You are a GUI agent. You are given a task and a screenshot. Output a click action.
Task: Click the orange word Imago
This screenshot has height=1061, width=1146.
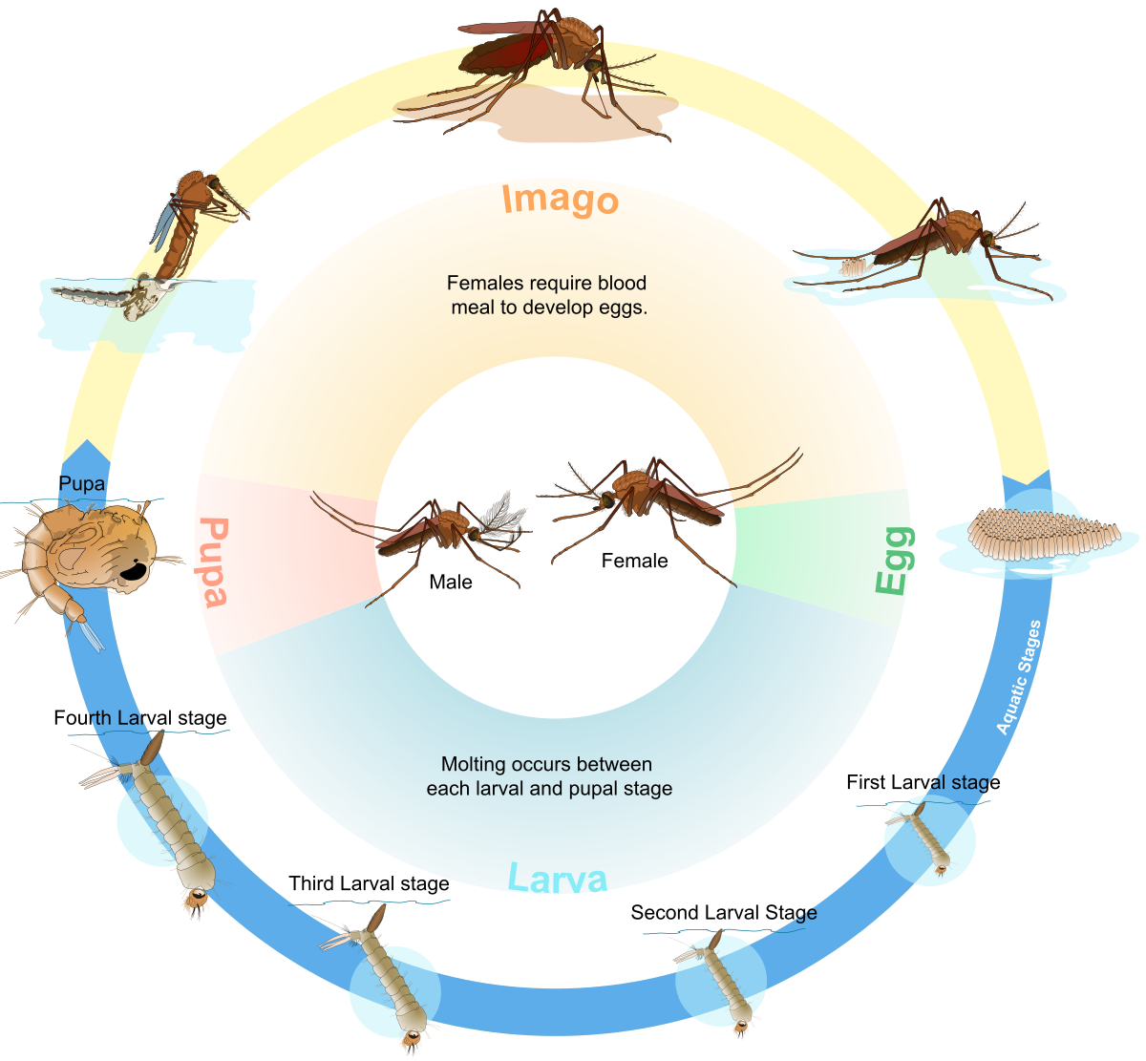coord(561,200)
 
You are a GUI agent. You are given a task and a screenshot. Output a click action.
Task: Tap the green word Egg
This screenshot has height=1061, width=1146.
coord(895,561)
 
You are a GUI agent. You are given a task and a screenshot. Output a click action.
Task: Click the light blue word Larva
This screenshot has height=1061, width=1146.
coord(557,878)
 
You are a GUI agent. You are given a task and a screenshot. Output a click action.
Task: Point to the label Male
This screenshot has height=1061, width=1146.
coord(451,582)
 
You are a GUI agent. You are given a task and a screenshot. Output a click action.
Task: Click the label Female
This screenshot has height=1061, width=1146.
coord(634,561)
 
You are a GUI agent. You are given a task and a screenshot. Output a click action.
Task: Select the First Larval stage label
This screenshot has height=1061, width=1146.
coord(917,783)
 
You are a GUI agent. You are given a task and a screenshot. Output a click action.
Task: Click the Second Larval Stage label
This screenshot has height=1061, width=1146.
coord(724,913)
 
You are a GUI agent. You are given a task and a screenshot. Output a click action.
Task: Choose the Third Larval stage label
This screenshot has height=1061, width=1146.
coord(369,884)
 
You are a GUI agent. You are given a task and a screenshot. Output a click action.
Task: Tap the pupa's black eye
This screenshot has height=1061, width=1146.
coord(133,572)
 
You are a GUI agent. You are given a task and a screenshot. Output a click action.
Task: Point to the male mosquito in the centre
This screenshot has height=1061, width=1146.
coord(430,535)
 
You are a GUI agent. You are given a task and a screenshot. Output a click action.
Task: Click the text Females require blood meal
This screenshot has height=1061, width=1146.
coord(547,296)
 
